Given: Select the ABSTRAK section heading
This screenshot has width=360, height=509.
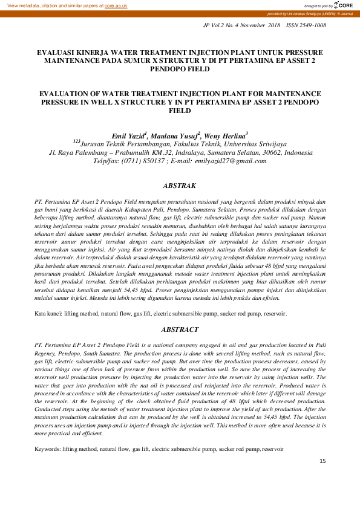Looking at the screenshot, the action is click(180, 186).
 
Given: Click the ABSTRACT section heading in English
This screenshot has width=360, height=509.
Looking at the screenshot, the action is click(180, 330).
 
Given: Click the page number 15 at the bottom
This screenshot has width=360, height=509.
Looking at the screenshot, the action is click(322, 462).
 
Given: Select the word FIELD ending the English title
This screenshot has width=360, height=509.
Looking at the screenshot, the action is click(180, 111).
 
